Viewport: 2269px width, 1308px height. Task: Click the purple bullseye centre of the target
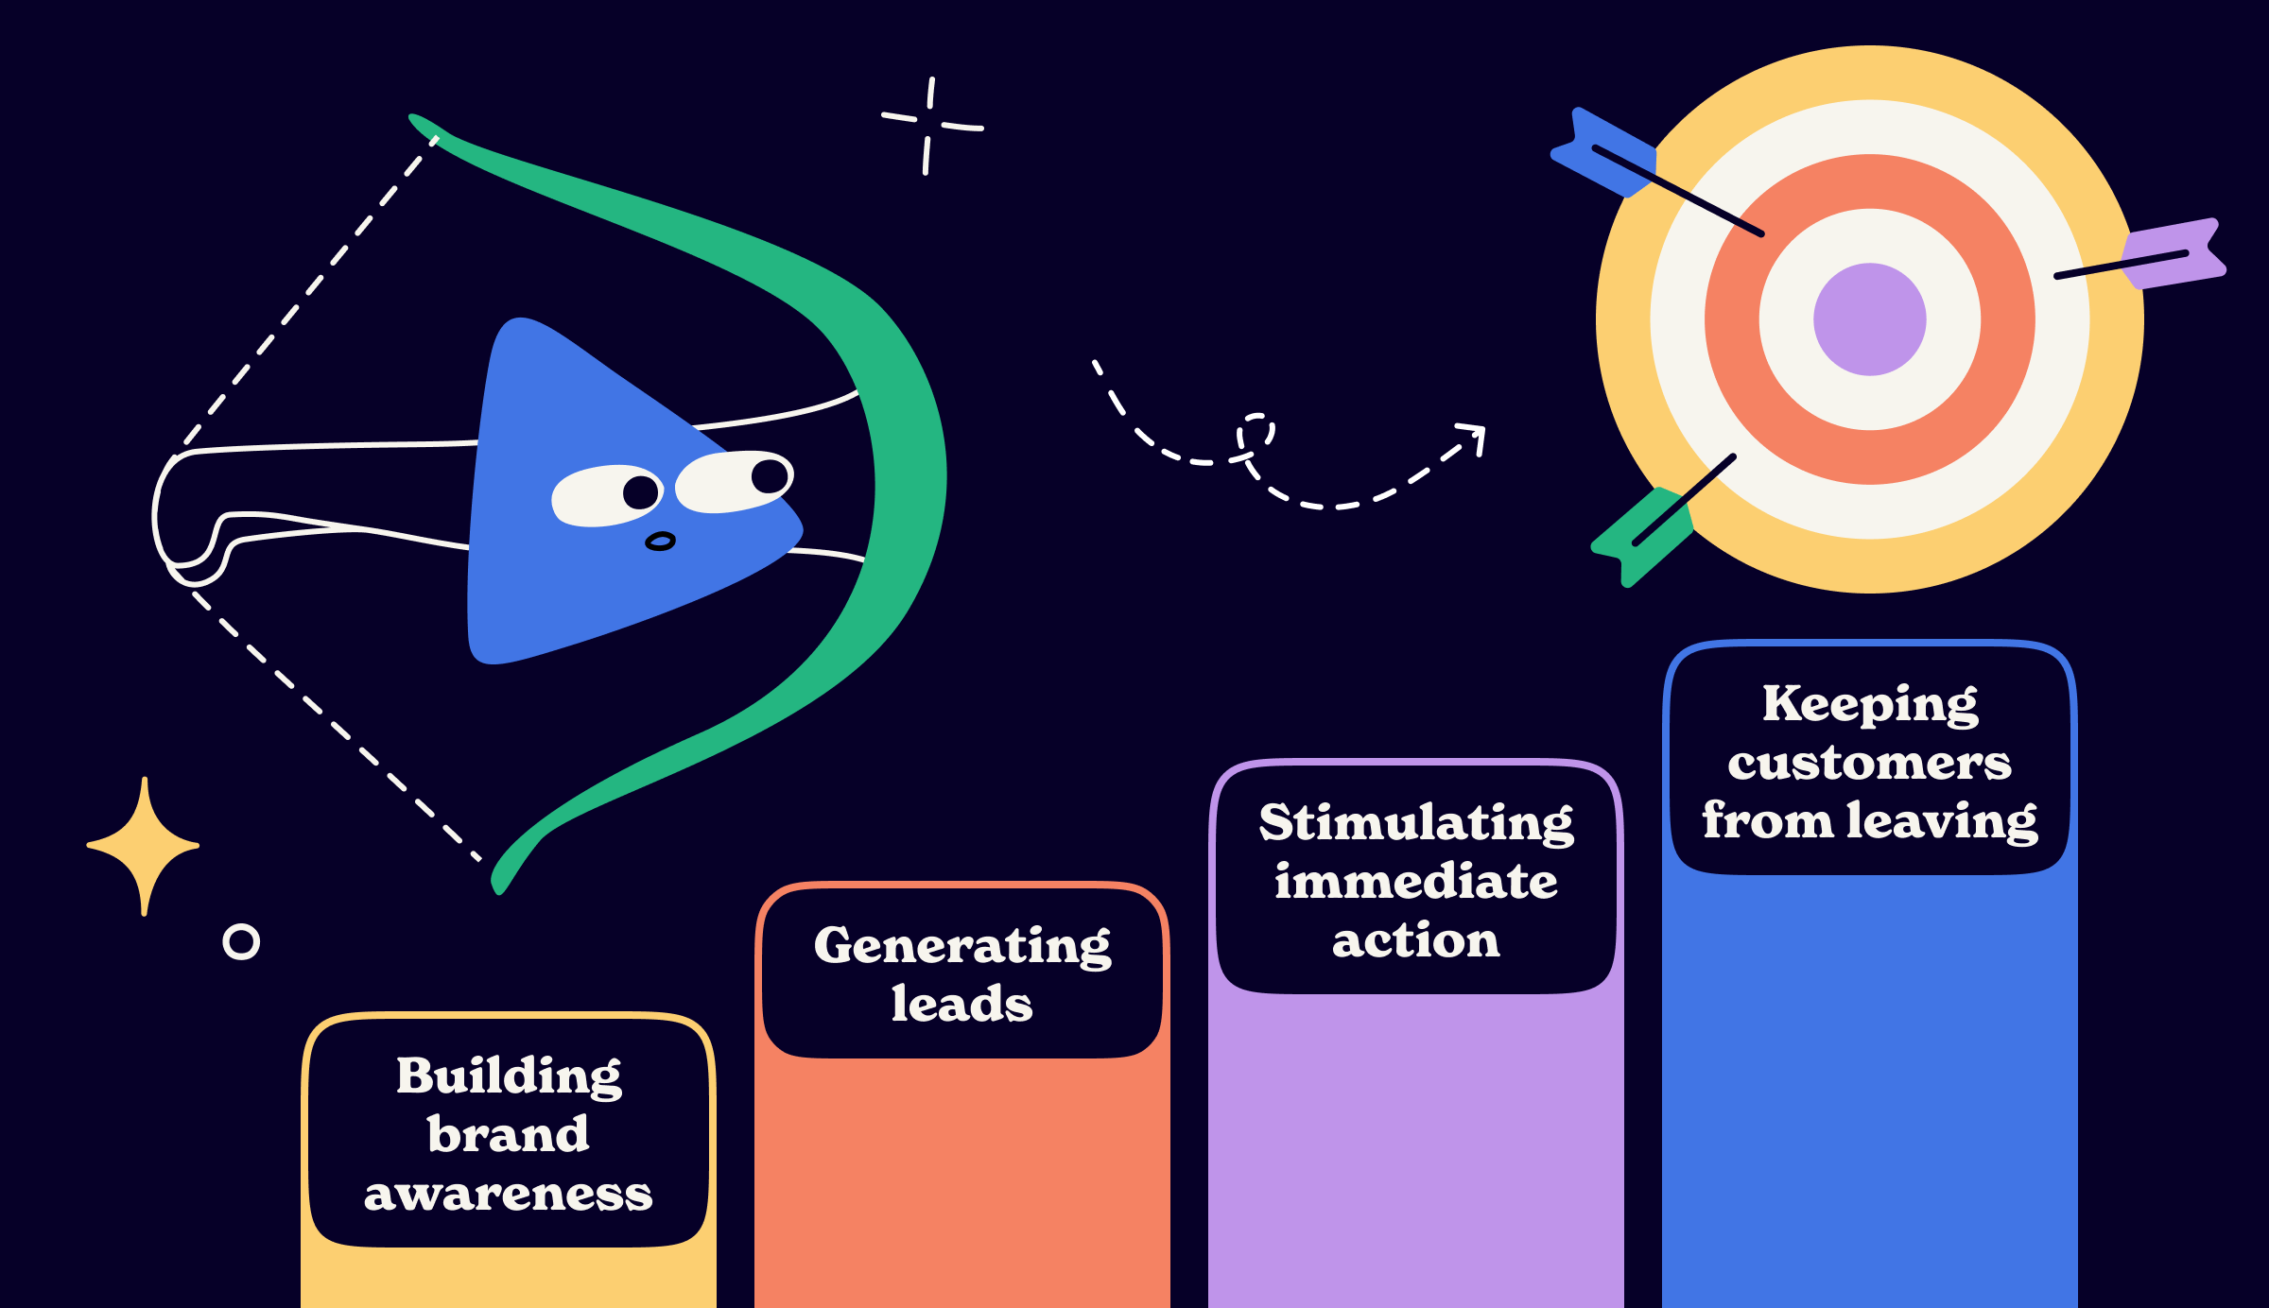[1869, 319]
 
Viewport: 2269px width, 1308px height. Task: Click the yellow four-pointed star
[144, 846]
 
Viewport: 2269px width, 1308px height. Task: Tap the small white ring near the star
[241, 941]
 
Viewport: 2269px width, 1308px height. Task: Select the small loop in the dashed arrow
[1256, 435]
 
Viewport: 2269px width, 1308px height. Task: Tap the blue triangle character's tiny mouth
[660, 542]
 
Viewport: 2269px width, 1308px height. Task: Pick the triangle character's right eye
[734, 480]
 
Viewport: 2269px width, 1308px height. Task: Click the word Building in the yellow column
[509, 1076]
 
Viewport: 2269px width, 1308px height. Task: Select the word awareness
[509, 1194]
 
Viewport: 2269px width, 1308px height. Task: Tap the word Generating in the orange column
[962, 945]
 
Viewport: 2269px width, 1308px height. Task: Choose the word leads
[962, 1004]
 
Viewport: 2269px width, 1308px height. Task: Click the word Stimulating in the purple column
[1416, 822]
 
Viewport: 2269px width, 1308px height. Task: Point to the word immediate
[1416, 882]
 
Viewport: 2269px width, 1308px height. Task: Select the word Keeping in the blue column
[1870, 704]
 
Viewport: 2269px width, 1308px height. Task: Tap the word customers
[1870, 763]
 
